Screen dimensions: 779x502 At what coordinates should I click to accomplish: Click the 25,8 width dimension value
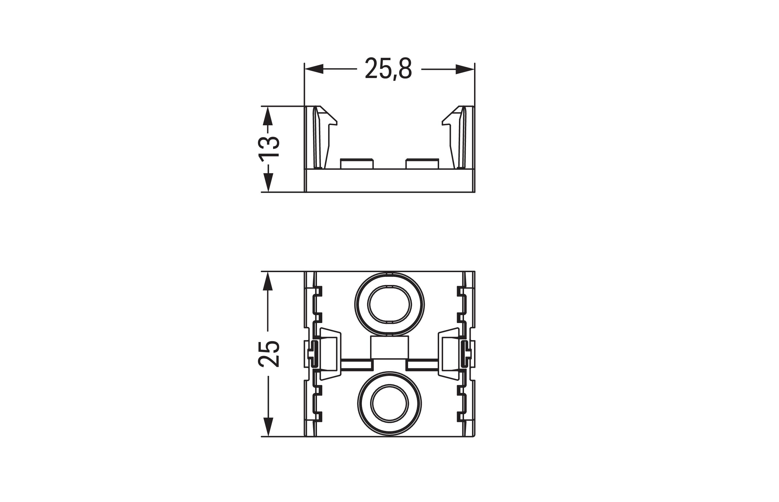click(388, 69)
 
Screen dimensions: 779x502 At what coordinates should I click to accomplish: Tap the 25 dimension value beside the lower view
click(269, 354)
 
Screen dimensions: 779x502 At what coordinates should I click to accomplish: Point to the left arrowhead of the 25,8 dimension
click(314, 69)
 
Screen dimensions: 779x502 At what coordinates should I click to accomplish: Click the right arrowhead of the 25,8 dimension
click(465, 69)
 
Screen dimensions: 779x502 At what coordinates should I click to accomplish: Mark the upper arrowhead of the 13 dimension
click(267, 116)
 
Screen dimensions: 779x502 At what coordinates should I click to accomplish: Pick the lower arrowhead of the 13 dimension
click(267, 183)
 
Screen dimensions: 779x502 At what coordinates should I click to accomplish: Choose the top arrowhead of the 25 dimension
click(267, 281)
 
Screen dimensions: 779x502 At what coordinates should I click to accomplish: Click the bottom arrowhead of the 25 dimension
click(267, 427)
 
